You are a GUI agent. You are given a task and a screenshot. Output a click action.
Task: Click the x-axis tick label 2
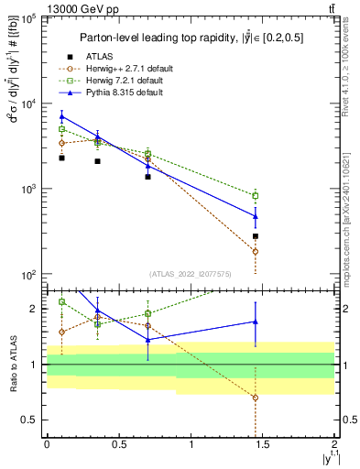pyautogui.click(x=336, y=444)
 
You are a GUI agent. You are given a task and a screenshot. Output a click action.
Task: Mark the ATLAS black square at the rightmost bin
pyautogui.click(x=256, y=236)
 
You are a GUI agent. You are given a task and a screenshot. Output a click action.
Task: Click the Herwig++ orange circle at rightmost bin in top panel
pyautogui.click(x=256, y=251)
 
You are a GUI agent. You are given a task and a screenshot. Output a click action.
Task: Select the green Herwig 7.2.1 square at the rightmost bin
pyautogui.click(x=256, y=195)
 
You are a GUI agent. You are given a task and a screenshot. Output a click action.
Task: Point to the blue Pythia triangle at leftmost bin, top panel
pyautogui.click(x=61, y=116)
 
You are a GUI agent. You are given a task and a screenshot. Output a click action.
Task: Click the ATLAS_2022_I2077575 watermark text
pyautogui.click(x=191, y=274)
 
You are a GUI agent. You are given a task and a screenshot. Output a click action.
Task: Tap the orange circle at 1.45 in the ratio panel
pyautogui.click(x=256, y=398)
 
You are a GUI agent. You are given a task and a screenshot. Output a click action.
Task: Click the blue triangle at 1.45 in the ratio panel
pyautogui.click(x=256, y=322)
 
